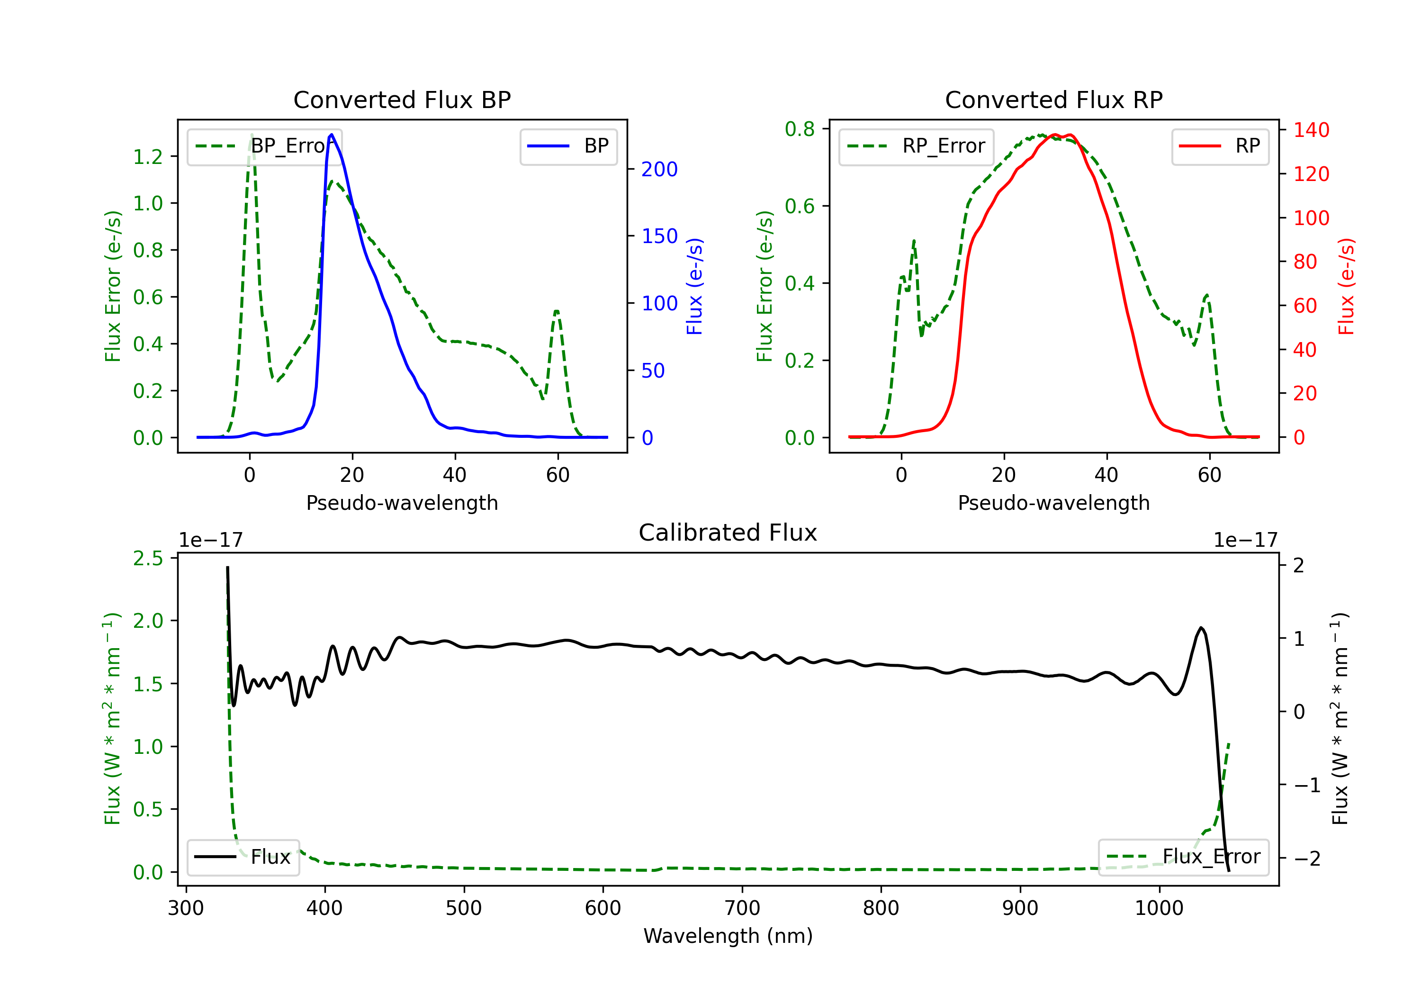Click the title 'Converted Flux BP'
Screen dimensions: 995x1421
(x=402, y=99)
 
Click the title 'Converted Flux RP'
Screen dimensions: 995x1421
(x=1053, y=99)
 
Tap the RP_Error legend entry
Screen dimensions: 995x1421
(x=916, y=146)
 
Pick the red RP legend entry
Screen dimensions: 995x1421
(x=1220, y=146)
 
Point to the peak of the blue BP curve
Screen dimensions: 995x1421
(x=332, y=135)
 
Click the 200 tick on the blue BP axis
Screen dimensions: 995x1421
(x=659, y=169)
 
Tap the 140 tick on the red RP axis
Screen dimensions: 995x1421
(x=1311, y=130)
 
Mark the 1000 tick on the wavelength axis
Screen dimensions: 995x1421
(x=1159, y=908)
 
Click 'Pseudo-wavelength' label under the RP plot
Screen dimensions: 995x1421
(x=1053, y=503)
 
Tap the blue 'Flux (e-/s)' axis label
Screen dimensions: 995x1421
(x=694, y=286)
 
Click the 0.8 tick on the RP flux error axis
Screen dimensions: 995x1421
(x=800, y=129)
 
